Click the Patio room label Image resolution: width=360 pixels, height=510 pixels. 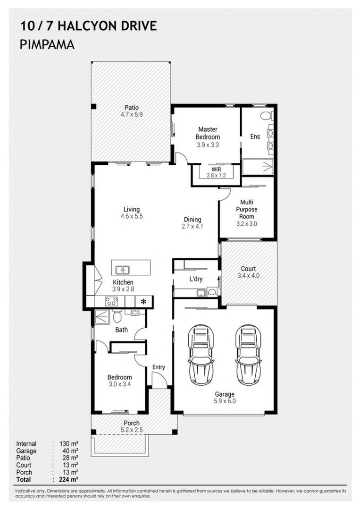132,107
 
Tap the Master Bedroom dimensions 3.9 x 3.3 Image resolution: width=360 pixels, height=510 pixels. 208,145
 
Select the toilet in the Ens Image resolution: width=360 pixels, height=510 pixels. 267,116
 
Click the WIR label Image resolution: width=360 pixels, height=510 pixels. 216,170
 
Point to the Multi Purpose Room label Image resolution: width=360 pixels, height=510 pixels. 247,209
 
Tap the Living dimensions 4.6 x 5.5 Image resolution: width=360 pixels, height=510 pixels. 132,216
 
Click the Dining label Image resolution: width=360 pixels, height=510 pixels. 193,220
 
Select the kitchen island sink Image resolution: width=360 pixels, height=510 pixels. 123,270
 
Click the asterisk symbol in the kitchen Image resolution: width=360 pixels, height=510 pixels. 143,301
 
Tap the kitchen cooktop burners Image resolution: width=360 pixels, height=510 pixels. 111,301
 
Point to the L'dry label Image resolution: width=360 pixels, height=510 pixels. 196,279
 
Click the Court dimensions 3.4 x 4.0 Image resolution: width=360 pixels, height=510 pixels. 249,276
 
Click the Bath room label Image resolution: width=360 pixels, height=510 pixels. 122,330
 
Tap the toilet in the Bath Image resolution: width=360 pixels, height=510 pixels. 117,315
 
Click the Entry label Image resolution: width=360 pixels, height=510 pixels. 159,367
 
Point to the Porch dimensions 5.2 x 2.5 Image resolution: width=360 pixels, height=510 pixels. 132,430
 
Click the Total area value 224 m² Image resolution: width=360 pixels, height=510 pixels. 69,479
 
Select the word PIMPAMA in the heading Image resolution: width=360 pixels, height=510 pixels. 47,44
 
